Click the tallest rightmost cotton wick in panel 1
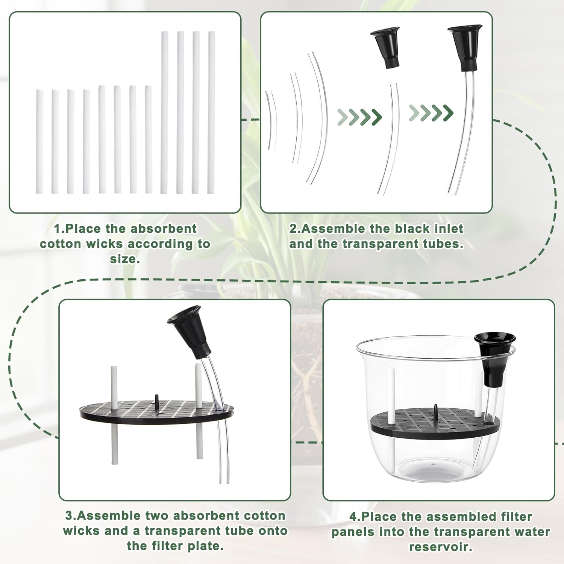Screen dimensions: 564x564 pos(211,113)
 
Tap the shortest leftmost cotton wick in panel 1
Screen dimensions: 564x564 pos(39,142)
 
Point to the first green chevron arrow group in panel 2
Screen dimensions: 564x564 pos(359,117)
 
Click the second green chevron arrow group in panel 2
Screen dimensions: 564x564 pos(431,112)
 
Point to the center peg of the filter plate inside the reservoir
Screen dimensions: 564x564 pos(435,410)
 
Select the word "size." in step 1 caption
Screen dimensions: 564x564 pos(125,259)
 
